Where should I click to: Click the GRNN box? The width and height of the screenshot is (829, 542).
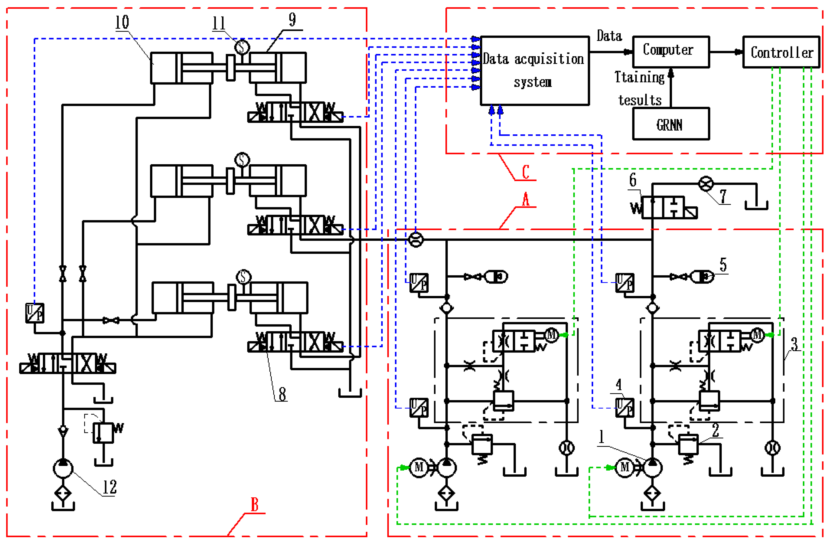(671, 124)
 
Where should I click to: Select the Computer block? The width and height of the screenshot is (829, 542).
(671, 52)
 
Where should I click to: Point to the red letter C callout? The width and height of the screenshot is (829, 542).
(525, 172)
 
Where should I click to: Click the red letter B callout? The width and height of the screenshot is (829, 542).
(255, 504)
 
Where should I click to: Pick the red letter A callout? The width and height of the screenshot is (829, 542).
(525, 200)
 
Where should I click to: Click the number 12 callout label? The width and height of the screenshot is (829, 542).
(109, 487)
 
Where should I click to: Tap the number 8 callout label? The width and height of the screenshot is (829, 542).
(282, 394)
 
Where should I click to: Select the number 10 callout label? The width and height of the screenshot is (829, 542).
(122, 22)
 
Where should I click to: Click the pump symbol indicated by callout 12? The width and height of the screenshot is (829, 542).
(63, 468)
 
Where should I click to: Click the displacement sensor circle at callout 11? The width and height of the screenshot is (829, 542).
(242, 47)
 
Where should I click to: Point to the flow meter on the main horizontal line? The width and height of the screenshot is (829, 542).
(416, 239)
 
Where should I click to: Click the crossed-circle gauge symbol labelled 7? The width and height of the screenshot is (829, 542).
(706, 184)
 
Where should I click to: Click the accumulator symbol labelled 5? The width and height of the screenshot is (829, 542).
(702, 277)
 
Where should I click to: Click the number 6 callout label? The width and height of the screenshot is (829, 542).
(633, 180)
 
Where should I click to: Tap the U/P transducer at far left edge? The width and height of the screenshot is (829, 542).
(35, 313)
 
